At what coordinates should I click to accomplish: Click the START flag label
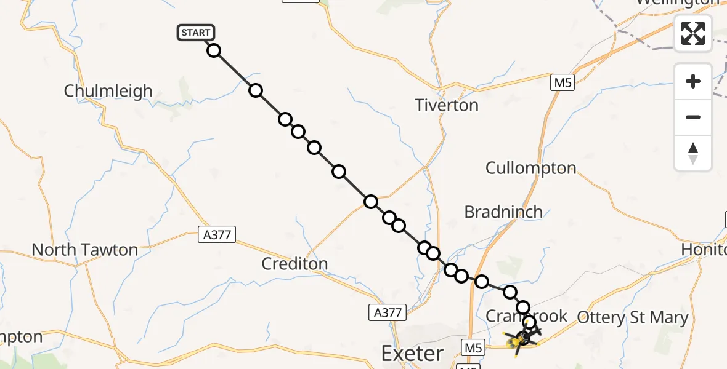click(x=196, y=33)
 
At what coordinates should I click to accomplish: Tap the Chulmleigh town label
click(x=108, y=91)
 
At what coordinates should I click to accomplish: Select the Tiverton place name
click(x=447, y=105)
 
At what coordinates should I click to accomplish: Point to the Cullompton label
click(x=530, y=168)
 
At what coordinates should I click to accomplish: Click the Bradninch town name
click(x=503, y=212)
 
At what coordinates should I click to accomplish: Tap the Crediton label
click(x=294, y=264)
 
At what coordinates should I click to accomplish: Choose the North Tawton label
click(x=84, y=250)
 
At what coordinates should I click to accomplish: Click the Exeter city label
click(x=412, y=354)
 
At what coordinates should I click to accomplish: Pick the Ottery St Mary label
click(x=632, y=318)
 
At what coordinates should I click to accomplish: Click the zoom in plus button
click(x=693, y=81)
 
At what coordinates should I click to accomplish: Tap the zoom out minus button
click(x=693, y=117)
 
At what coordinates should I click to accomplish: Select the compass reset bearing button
click(x=693, y=153)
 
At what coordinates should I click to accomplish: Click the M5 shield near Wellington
click(x=563, y=83)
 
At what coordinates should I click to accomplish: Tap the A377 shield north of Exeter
click(x=388, y=312)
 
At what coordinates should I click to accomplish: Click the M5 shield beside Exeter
click(x=471, y=348)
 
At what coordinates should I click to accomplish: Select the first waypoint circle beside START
click(x=214, y=50)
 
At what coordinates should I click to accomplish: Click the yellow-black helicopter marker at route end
click(x=522, y=338)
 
